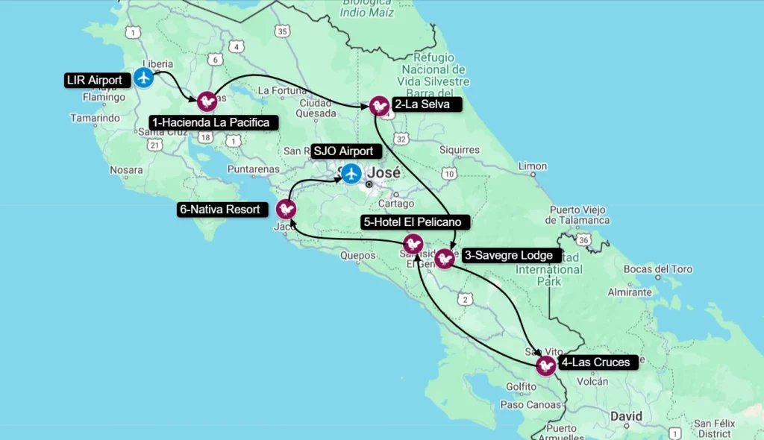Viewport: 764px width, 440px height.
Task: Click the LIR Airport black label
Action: pos(94,80)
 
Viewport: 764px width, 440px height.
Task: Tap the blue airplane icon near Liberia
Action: pos(144,77)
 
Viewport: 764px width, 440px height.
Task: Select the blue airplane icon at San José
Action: pos(351,175)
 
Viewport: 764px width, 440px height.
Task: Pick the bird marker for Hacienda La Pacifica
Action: pos(207,101)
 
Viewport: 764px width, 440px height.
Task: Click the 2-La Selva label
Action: pos(422,104)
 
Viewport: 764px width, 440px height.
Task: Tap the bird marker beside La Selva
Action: pos(379,106)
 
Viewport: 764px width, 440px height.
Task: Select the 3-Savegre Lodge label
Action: pos(508,255)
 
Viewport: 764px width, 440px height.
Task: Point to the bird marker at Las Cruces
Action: pos(546,365)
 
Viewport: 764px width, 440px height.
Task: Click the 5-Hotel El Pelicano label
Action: pos(416,221)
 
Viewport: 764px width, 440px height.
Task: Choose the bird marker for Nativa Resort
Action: pos(286,209)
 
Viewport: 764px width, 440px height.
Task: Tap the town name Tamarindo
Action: pos(95,118)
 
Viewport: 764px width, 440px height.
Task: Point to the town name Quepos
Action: pos(357,255)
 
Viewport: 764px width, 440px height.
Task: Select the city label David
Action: pos(625,415)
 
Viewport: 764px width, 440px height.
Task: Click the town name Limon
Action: pos(532,166)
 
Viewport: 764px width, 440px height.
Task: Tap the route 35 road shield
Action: pos(281,31)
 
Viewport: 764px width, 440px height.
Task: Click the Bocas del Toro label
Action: pos(658,269)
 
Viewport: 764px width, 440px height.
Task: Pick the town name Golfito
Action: pos(521,386)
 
